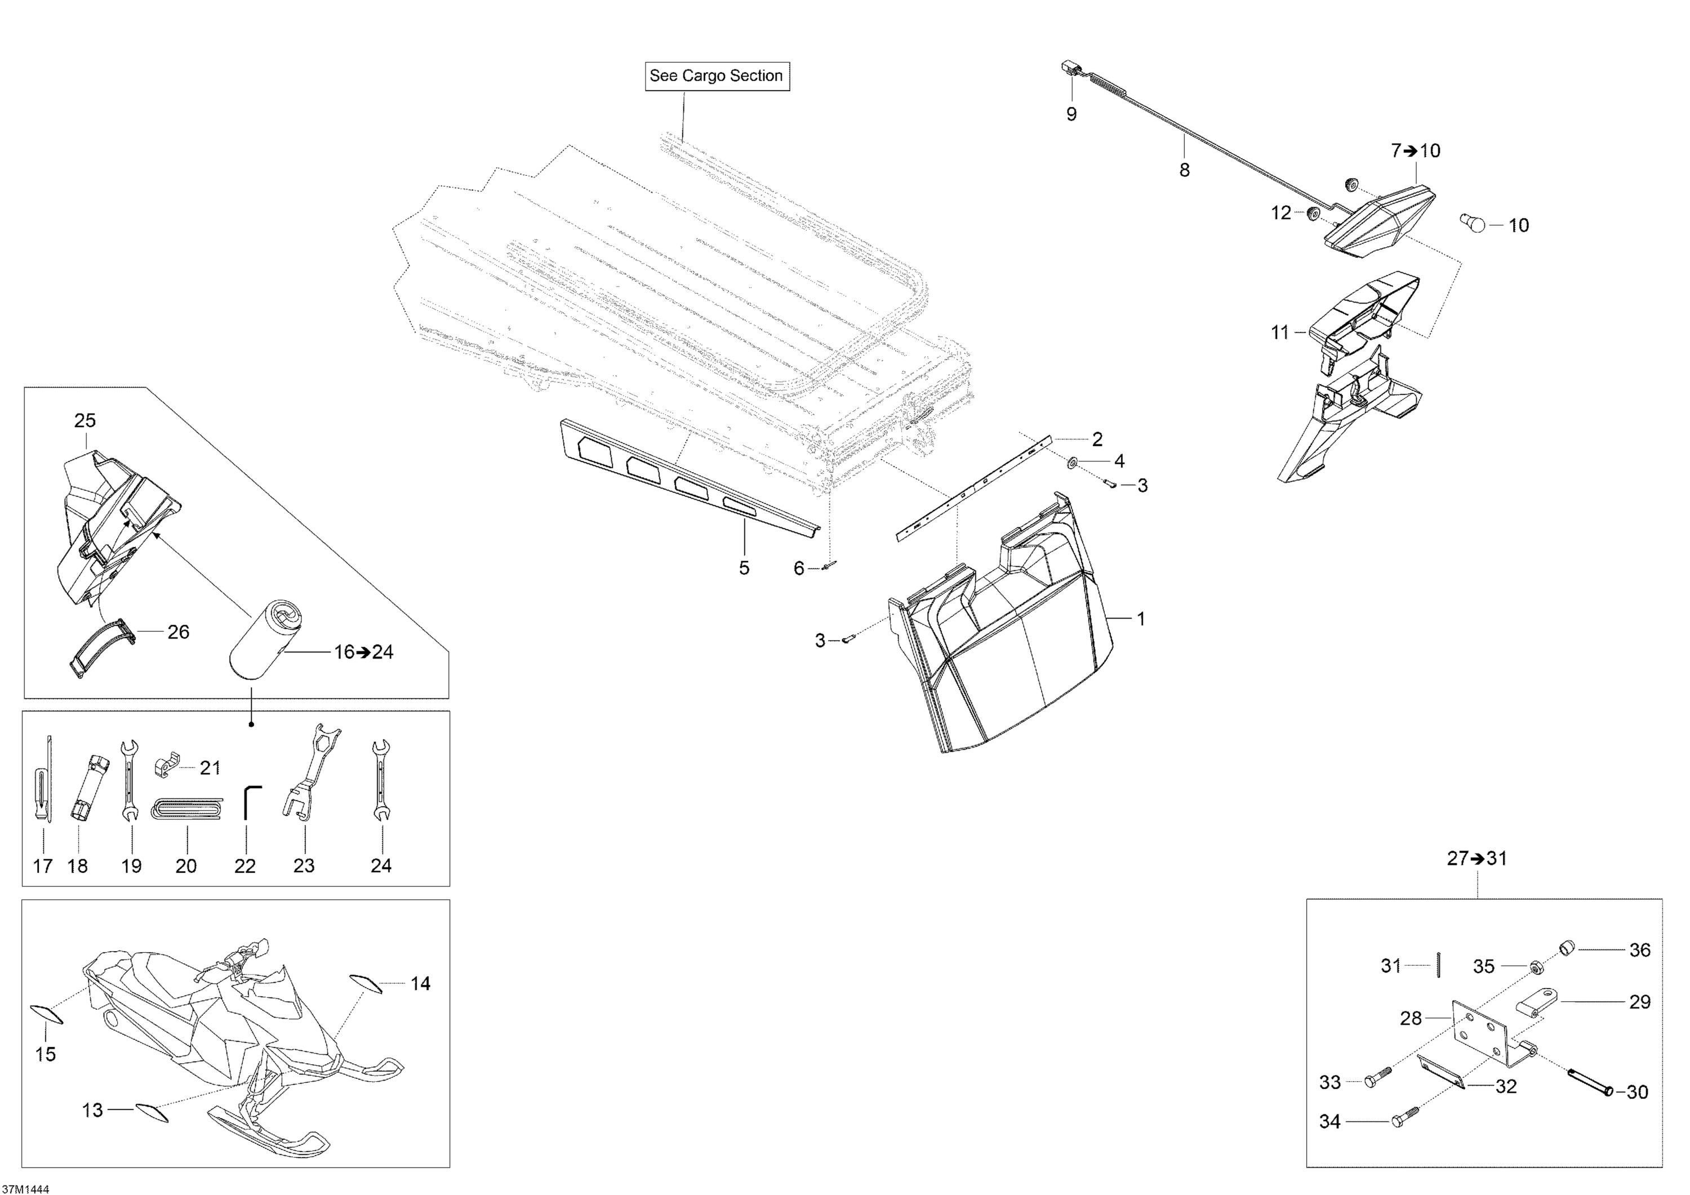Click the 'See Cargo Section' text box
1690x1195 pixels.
click(717, 76)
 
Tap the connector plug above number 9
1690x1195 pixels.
click(1070, 69)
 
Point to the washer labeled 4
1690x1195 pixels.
click(1073, 461)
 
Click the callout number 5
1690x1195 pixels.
click(744, 568)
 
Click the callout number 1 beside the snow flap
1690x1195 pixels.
click(1141, 619)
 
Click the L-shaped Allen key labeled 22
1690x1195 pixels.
click(250, 801)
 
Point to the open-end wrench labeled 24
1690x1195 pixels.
click(381, 780)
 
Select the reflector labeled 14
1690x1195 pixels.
click(365, 984)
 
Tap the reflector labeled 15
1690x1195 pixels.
click(46, 1013)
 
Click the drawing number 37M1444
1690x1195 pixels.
click(26, 1188)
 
